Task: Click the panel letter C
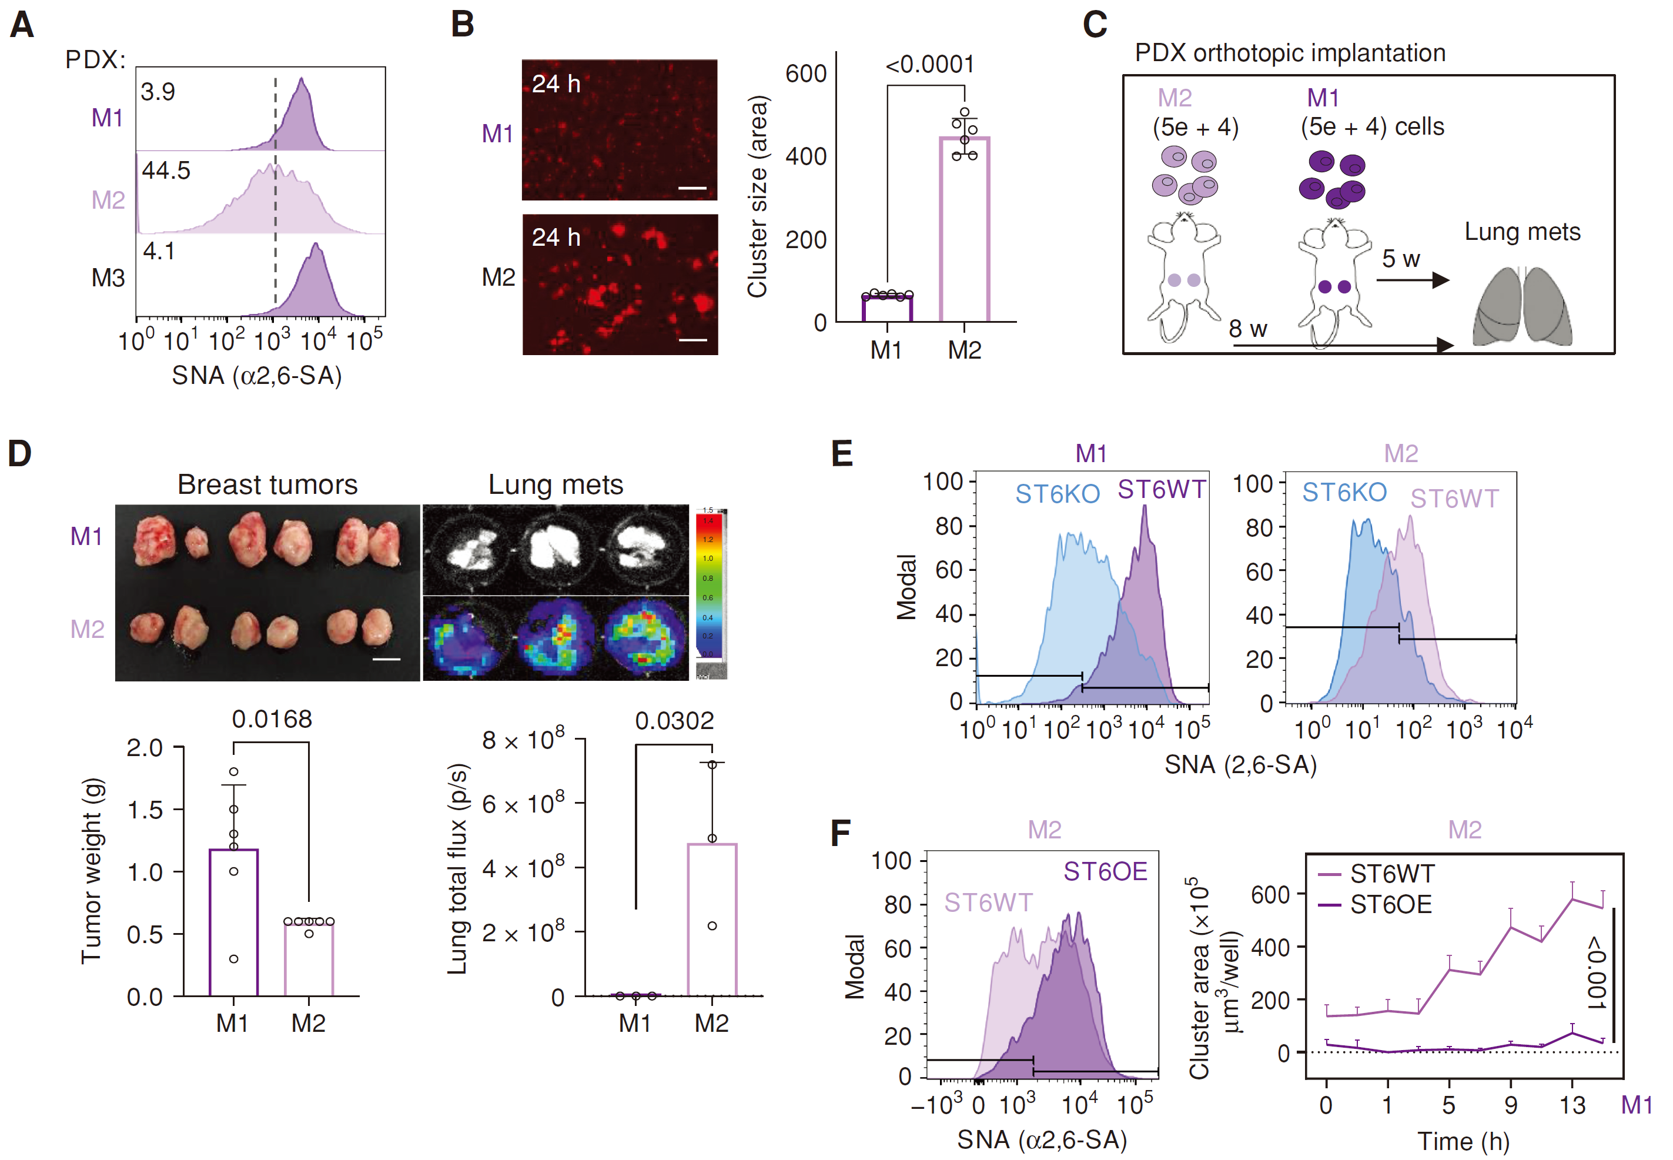pos(1095,25)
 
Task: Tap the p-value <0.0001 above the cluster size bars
pos(929,65)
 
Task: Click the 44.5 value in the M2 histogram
pos(166,171)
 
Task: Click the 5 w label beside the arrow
pos(1400,259)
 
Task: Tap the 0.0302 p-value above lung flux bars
pos(674,721)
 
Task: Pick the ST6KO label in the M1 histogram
pos(1057,494)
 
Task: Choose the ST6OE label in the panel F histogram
pos(1105,871)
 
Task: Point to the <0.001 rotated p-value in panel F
pos(1596,974)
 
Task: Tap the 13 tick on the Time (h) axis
pos(1572,1105)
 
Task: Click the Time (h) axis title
pos(1463,1142)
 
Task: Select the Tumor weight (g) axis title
pos(92,871)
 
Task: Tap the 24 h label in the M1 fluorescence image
pos(556,84)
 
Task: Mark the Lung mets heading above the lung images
pos(556,485)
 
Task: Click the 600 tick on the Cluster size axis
pos(805,74)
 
